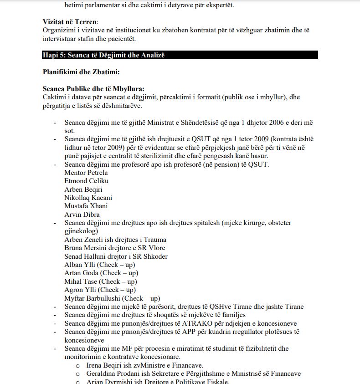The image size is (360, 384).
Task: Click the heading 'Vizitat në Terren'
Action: click(70, 22)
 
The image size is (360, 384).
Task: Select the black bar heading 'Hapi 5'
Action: click(103, 55)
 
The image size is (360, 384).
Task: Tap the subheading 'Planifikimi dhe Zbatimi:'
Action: click(81, 72)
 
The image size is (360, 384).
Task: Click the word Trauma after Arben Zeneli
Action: click(155, 240)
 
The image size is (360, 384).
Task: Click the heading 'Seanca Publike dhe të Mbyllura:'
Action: click(93, 89)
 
